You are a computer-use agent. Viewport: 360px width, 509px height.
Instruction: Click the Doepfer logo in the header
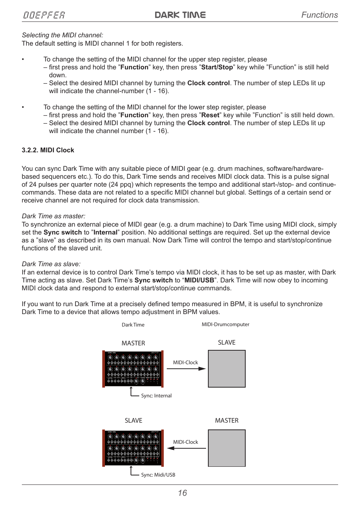click(44, 15)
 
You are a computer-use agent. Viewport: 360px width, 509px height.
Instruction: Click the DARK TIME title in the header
click(180, 15)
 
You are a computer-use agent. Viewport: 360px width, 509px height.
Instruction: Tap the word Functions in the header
click(319, 15)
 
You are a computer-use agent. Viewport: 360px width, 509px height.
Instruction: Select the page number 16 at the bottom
click(182, 493)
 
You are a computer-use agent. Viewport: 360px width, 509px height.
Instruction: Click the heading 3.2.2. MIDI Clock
click(48, 150)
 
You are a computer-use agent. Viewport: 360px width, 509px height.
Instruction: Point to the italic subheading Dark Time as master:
click(54, 216)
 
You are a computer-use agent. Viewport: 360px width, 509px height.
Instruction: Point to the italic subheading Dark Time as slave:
click(51, 264)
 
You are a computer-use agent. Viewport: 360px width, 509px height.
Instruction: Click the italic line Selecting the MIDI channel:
click(62, 35)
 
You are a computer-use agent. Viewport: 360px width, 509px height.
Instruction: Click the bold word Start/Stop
click(217, 67)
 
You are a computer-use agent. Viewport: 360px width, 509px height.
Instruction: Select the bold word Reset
click(210, 115)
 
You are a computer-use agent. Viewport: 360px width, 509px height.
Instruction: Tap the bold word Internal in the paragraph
click(105, 232)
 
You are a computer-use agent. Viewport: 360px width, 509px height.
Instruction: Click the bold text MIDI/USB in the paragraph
click(199, 280)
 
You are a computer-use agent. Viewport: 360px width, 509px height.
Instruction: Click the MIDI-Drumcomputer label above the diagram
click(225, 324)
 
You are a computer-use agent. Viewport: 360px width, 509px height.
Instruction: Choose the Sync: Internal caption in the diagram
click(156, 396)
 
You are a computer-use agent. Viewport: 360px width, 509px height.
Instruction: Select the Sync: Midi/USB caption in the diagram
click(158, 475)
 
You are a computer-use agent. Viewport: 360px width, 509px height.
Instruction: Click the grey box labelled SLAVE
click(227, 369)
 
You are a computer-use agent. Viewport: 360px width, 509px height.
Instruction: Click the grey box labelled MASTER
click(227, 448)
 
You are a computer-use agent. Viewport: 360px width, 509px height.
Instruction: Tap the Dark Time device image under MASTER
click(133, 369)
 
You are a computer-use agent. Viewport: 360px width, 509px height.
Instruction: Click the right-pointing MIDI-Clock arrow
click(186, 369)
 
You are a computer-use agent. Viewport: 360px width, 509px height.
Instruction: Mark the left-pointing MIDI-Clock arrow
click(186, 448)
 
